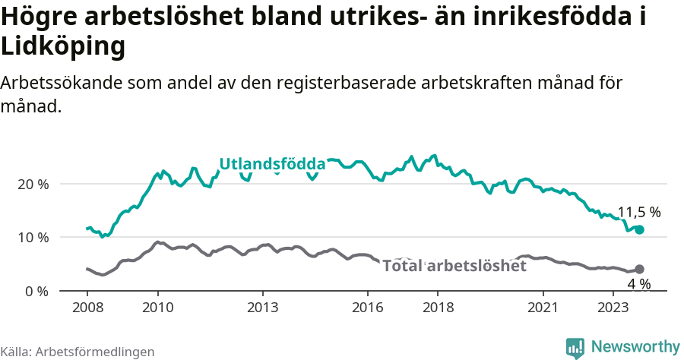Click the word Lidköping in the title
(62, 47)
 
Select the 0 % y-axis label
(37, 291)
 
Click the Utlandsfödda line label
(272, 164)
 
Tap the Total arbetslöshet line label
(454, 266)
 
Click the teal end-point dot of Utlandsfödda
(639, 229)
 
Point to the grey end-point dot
(639, 269)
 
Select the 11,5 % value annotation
(638, 213)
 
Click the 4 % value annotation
(638, 284)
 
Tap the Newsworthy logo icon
(575, 347)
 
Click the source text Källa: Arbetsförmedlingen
(78, 352)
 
